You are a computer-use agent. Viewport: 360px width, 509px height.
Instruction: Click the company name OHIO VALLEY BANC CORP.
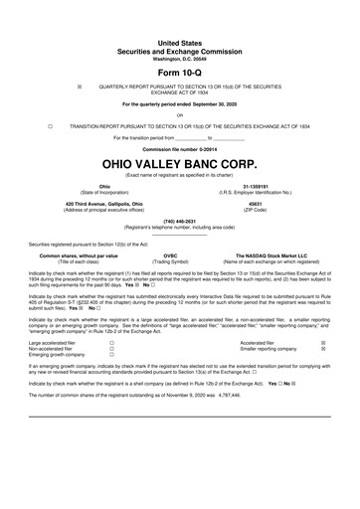[x=180, y=162]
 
